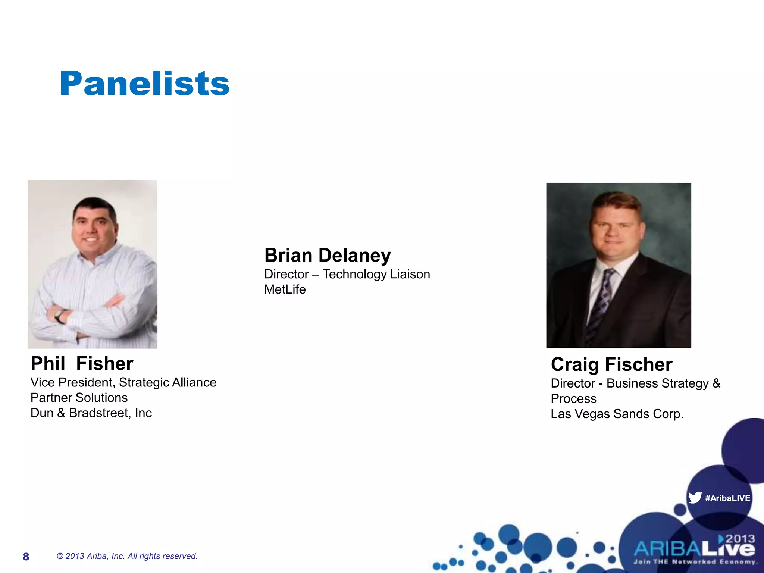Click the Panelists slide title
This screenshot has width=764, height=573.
click(144, 83)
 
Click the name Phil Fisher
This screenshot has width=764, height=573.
click(82, 364)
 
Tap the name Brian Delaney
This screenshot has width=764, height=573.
click(328, 256)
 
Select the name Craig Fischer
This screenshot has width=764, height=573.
click(611, 364)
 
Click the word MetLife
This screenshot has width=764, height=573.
click(285, 290)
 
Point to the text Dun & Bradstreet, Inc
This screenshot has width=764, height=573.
click(91, 413)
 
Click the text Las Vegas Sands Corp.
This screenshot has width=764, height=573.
click(617, 414)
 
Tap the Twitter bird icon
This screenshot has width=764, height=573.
click(695, 497)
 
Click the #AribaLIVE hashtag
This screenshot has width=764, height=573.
click(727, 498)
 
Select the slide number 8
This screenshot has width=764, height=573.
click(26, 557)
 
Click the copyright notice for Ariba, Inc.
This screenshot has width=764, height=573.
click(127, 556)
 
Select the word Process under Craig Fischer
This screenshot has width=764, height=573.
click(573, 399)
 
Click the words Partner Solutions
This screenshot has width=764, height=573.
click(79, 398)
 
